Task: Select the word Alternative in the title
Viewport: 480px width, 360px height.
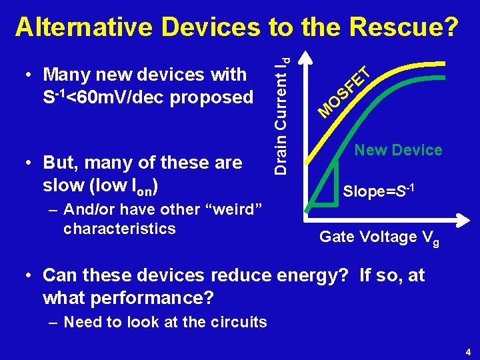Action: (x=85, y=27)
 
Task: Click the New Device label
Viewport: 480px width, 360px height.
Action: (x=398, y=150)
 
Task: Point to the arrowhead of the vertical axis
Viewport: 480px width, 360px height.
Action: (x=305, y=51)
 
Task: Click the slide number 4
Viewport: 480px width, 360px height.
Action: (x=468, y=351)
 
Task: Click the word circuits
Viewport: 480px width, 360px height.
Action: (x=237, y=323)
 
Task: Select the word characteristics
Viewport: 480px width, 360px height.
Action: (x=119, y=228)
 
